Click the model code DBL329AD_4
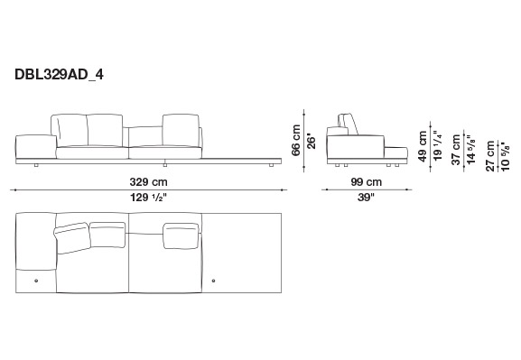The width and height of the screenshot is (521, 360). coord(59,75)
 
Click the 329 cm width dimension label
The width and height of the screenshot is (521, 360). coord(148,182)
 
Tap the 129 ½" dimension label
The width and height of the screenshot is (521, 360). coord(148,198)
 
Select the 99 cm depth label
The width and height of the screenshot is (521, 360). coord(367,182)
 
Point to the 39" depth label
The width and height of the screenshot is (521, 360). coord(366,198)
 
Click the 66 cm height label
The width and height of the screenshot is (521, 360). coord(296,140)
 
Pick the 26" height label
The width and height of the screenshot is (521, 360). coord(311,141)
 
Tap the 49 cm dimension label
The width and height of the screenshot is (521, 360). coord(422,146)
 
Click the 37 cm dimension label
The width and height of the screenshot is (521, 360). coord(456,150)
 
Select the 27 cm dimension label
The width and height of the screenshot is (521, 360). coord(490,156)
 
